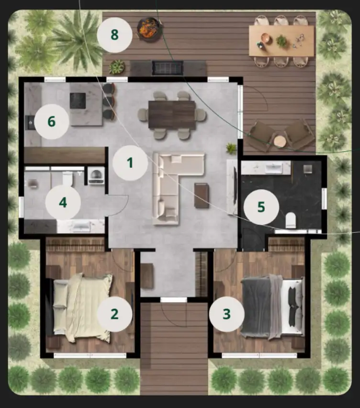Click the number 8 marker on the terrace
pyautogui.click(x=115, y=35)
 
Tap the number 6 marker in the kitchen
pyautogui.click(x=52, y=122)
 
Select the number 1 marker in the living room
pyautogui.click(x=130, y=163)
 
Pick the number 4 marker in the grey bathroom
pyautogui.click(x=63, y=203)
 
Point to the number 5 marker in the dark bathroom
pyautogui.click(x=261, y=207)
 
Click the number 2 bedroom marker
pyautogui.click(x=114, y=314)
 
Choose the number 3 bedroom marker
pyautogui.click(x=227, y=314)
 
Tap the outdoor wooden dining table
pyautogui.click(x=281, y=41)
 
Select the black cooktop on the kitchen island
pyautogui.click(x=78, y=101)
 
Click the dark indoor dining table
pyautogui.click(x=172, y=115)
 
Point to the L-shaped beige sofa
pyautogui.click(x=172, y=182)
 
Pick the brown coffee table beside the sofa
pyautogui.click(x=202, y=196)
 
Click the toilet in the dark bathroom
pyautogui.click(x=291, y=220)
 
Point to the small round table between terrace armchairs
pyautogui.click(x=280, y=142)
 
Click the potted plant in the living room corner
pyautogui.click(x=231, y=148)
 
